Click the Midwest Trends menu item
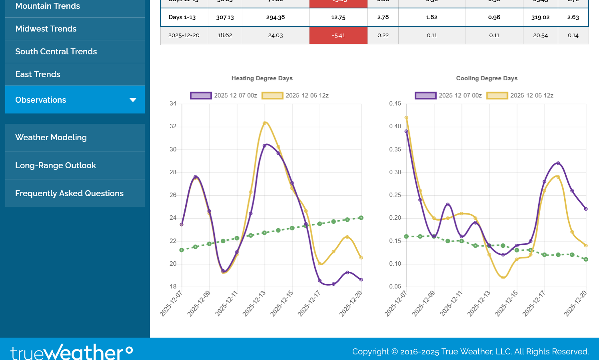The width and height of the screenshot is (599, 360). pos(46,29)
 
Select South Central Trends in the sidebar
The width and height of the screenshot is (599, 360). pos(56,52)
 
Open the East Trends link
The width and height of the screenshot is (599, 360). pos(38,74)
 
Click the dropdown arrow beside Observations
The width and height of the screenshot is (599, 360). pos(133,100)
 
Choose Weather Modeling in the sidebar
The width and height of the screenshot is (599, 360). pos(51,137)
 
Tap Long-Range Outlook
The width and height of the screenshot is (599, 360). pos(56,165)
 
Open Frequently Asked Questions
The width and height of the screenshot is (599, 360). pos(69,193)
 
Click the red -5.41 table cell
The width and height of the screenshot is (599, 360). pos(338,35)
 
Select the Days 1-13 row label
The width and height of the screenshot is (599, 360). pos(182,17)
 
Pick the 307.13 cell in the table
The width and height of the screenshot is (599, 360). pos(225,17)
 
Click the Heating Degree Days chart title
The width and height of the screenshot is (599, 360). pos(262,78)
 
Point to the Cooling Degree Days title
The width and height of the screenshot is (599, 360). pos(487,78)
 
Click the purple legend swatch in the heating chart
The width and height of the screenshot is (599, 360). pos(201,95)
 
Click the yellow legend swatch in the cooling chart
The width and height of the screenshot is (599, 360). pos(497,95)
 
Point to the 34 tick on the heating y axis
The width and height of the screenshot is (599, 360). pos(173,103)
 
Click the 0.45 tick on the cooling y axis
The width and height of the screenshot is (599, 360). pos(395,103)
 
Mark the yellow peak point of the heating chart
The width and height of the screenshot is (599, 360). pos(265,123)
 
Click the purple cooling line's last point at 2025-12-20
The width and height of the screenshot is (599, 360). pos(586,209)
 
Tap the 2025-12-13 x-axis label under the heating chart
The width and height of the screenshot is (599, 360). pos(254,304)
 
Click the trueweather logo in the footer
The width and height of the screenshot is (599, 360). pos(71,352)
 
